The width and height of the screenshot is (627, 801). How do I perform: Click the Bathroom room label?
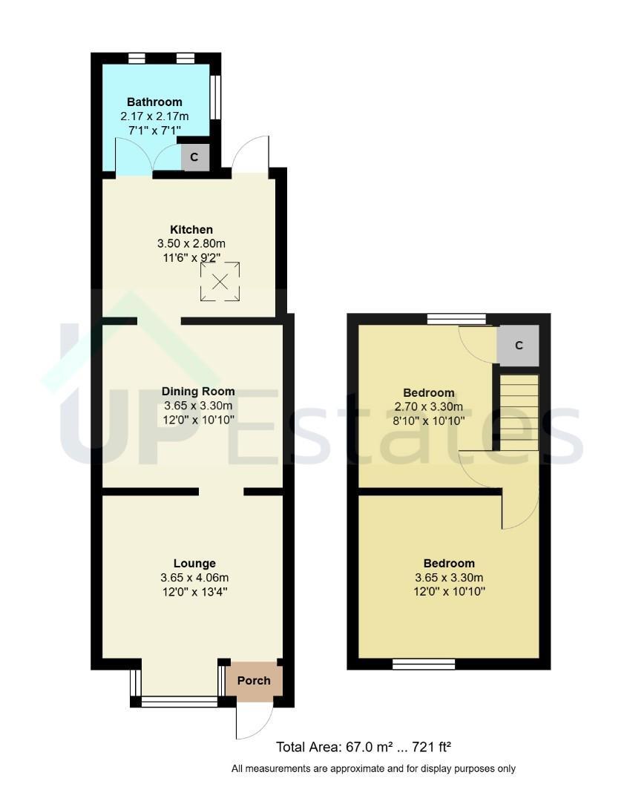coord(154,102)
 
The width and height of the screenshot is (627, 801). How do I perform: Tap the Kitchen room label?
coord(191,229)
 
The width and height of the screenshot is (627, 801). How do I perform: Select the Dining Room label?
coord(198,392)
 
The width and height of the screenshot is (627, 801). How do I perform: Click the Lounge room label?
coord(194,563)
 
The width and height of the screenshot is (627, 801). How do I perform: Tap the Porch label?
coord(254,680)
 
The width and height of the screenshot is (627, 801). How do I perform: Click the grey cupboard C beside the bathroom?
coord(195,156)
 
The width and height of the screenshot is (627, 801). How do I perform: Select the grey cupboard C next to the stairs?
coord(519,346)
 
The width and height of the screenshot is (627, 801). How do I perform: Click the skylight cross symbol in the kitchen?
coord(220,282)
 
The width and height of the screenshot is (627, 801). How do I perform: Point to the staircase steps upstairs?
coord(519,412)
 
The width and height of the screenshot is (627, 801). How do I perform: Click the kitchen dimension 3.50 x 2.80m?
coord(191,244)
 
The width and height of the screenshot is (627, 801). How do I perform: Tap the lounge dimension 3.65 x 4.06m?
coord(194,578)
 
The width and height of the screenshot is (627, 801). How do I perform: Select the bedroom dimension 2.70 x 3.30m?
coord(429,406)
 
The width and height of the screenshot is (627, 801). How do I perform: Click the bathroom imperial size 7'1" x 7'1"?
coord(154,131)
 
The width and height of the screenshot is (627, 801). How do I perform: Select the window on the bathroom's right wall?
coord(215,97)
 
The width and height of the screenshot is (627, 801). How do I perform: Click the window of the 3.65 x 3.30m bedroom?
coord(424,664)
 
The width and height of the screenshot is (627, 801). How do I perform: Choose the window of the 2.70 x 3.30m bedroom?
coord(457,319)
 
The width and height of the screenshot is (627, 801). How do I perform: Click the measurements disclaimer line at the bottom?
coord(373,768)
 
